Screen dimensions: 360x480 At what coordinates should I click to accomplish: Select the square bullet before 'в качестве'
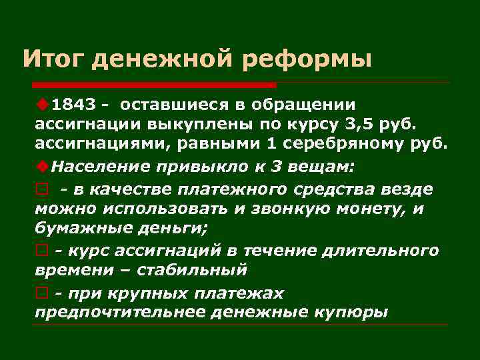(x=41, y=189)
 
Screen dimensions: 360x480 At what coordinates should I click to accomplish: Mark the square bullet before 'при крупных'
(x=41, y=293)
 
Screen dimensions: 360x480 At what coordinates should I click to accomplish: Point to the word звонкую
(x=304, y=209)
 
